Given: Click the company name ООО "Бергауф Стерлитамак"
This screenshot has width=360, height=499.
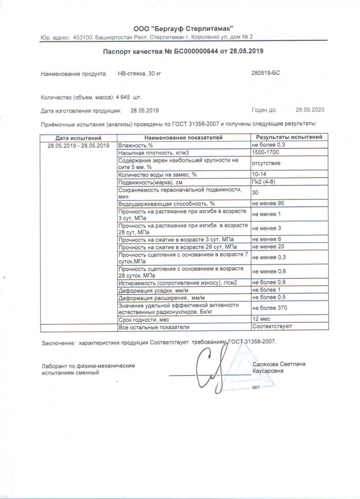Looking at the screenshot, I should point(183,28).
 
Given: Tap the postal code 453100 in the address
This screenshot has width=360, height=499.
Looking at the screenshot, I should point(82,37).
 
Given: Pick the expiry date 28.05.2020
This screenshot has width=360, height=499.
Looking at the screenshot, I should point(310,110).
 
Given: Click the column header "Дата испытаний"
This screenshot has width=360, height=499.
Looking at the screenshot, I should point(79,138).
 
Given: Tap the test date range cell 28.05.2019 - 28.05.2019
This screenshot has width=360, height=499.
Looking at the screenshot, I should point(79,146).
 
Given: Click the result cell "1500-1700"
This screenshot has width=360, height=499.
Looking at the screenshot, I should point(266,153).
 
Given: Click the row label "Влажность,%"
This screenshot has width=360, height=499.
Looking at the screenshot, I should point(136,146).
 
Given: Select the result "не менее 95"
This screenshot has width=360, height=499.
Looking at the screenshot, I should point(268,203).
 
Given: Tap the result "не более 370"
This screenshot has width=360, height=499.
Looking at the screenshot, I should point(270,308).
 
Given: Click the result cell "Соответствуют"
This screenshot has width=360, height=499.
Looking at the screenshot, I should point(272,327).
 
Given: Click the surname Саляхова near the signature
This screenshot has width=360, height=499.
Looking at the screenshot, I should point(265,364).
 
